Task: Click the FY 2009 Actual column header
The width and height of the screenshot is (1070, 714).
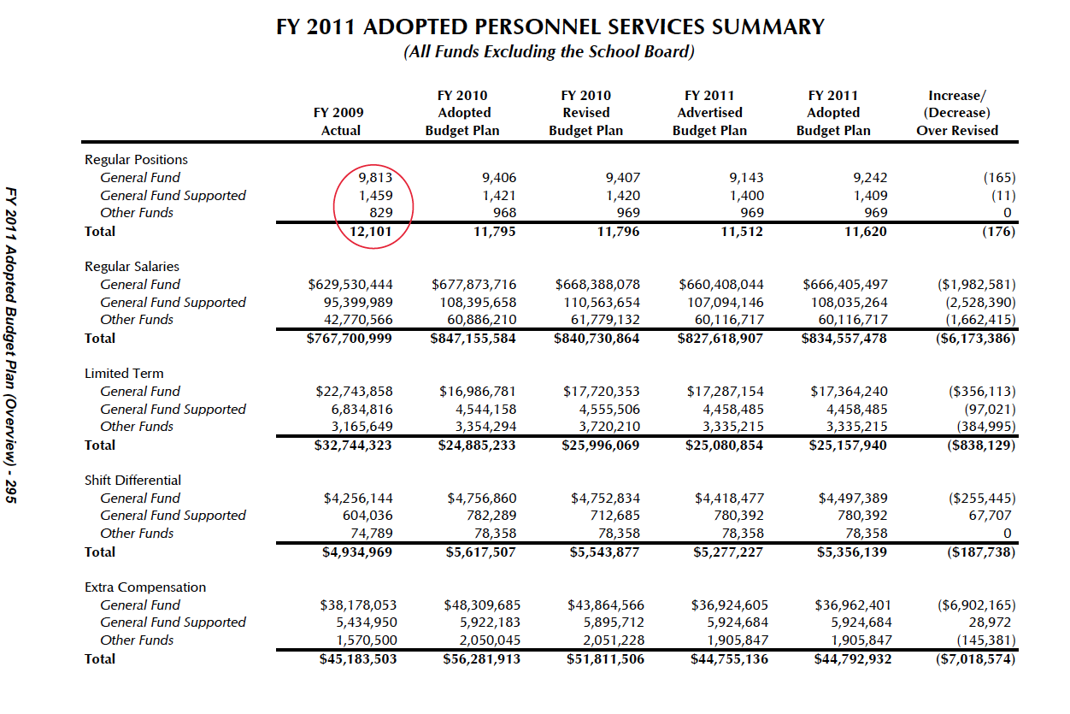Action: (x=338, y=121)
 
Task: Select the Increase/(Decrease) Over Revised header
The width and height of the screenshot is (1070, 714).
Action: (x=957, y=113)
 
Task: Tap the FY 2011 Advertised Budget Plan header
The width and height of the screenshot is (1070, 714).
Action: (x=709, y=113)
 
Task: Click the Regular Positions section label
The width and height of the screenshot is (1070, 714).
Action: (x=136, y=160)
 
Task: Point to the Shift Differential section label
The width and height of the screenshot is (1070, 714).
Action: (x=132, y=481)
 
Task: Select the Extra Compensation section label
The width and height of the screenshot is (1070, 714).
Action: (x=145, y=587)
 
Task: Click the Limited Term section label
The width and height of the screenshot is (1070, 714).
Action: (x=124, y=374)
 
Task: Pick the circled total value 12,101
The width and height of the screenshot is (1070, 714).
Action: (x=371, y=232)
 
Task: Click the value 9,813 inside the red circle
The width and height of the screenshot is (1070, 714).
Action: (x=375, y=178)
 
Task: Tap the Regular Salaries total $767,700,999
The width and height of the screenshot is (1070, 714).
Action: (x=350, y=339)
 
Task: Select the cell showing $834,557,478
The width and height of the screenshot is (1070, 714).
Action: (x=844, y=339)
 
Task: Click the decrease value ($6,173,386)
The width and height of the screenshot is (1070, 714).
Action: (x=975, y=339)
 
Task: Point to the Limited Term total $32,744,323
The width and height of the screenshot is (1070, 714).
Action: (x=353, y=446)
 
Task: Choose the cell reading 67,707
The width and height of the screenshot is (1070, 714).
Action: (x=990, y=516)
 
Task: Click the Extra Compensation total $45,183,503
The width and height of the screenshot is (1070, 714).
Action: (x=358, y=659)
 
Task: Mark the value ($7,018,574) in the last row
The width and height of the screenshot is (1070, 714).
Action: (x=975, y=659)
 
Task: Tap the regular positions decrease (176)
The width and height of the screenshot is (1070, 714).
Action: (x=999, y=232)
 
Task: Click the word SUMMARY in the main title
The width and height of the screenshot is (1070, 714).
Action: (x=768, y=27)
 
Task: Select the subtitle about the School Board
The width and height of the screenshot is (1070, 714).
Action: (x=549, y=51)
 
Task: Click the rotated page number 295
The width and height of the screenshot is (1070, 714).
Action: (x=10, y=492)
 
